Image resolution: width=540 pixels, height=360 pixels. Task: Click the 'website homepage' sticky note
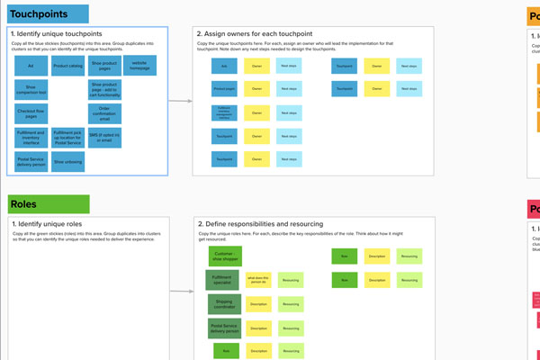[x=139, y=66]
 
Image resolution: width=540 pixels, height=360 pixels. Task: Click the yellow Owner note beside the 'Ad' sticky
[x=256, y=67]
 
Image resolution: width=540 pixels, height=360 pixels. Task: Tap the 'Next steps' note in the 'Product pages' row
[x=289, y=89]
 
